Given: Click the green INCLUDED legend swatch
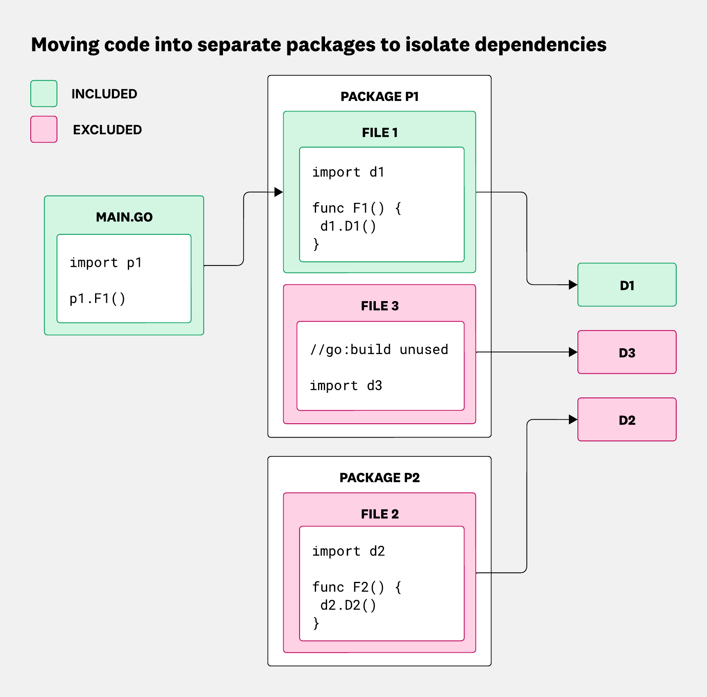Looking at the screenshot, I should (44, 93).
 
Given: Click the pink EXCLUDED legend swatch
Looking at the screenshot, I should (44, 129).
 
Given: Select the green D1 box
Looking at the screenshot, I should (627, 285).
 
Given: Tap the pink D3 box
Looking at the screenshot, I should (627, 352).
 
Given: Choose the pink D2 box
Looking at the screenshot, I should (627, 420).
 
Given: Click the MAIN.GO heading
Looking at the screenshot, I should (124, 217).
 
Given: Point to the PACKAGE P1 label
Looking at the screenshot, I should (380, 97).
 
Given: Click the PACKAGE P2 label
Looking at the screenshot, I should (380, 478).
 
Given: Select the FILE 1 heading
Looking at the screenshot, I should (380, 133).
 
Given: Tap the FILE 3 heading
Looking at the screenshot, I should (380, 306).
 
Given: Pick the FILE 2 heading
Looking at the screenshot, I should (380, 514).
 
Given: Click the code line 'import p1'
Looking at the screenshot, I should (106, 263).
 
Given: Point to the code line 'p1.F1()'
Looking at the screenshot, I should (98, 299).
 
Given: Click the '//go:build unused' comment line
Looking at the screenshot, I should (379, 350).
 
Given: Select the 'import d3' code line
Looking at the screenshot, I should (346, 386).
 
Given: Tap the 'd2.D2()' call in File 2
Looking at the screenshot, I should (348, 605).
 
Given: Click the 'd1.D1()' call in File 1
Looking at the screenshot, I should (348, 226).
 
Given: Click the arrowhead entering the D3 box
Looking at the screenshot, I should (573, 352).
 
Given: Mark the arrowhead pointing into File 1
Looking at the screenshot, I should (279, 192).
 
